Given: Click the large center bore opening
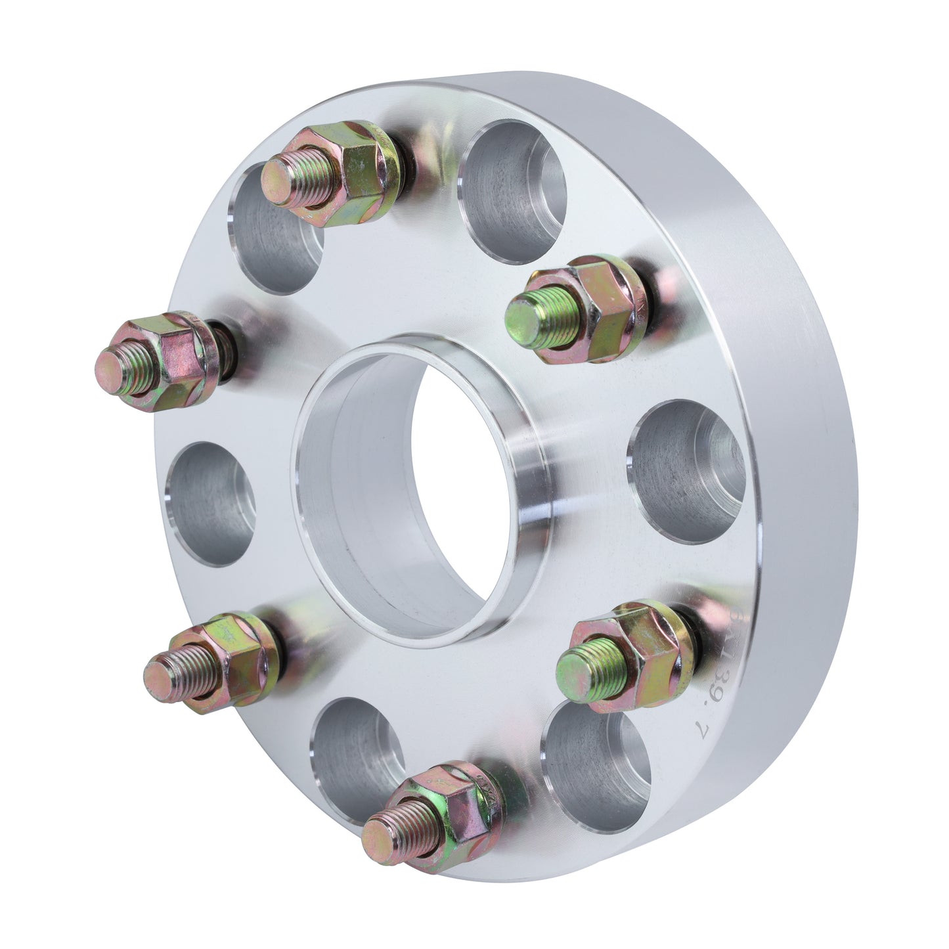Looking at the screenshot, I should click(x=420, y=493).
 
